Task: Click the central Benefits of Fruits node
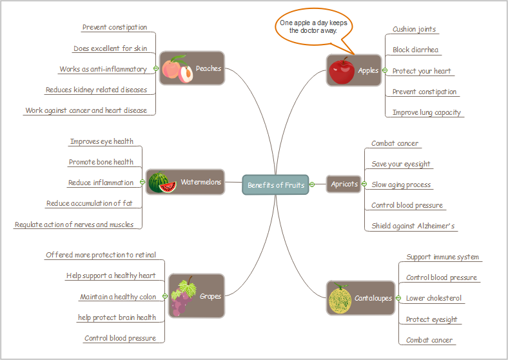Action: [x=275, y=185]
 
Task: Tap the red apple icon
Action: [x=340, y=71]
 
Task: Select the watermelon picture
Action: [x=162, y=183]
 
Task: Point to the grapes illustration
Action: [x=183, y=297]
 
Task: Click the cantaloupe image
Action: [x=340, y=298]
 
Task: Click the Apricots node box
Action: [x=344, y=185]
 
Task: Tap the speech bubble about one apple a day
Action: [x=313, y=26]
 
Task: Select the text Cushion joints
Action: [x=415, y=29]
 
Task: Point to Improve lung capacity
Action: [x=427, y=112]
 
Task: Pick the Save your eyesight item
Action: [x=401, y=164]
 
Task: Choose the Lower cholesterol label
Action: [x=434, y=298]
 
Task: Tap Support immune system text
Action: [x=442, y=257]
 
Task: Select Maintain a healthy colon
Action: [x=118, y=297]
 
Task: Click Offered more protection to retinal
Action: [x=101, y=255]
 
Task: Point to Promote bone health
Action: [x=101, y=162]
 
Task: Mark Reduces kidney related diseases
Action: [x=96, y=90]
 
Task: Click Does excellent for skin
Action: [x=110, y=48]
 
